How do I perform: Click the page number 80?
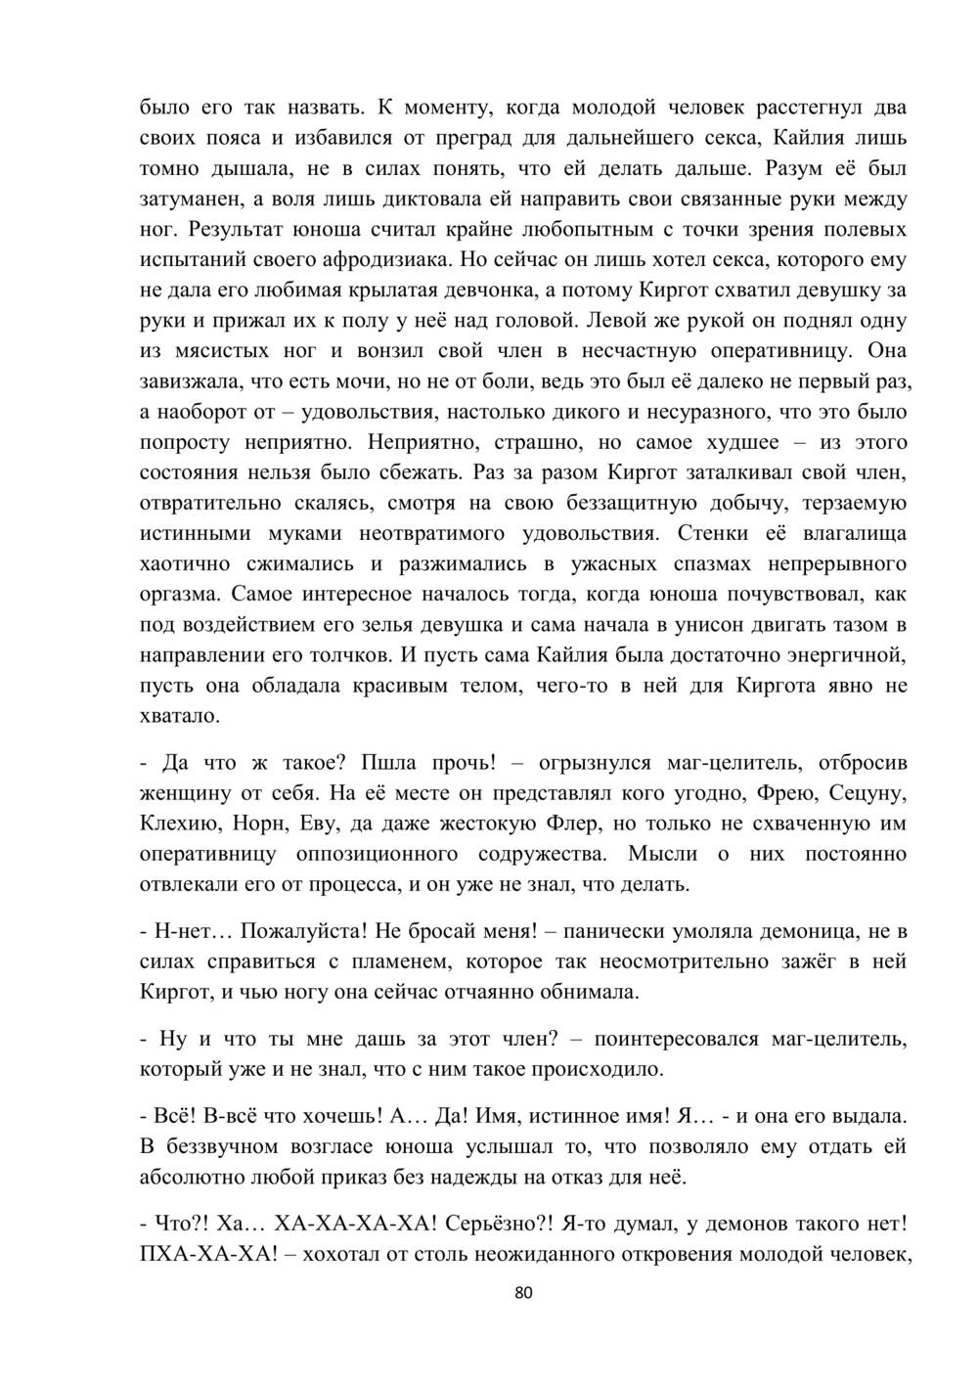(x=523, y=1294)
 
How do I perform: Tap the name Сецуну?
(x=855, y=792)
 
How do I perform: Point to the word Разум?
(x=796, y=169)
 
